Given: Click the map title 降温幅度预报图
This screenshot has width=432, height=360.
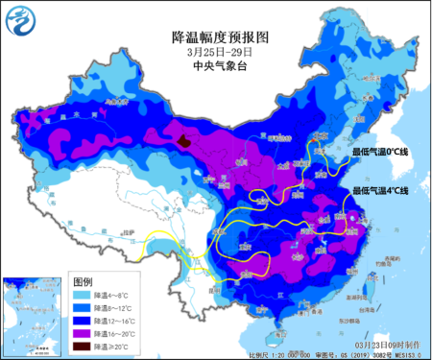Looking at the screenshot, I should coord(221,36).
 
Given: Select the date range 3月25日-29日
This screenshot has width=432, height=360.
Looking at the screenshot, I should coord(221,52).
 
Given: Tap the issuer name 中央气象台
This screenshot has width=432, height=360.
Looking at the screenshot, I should coord(221,66).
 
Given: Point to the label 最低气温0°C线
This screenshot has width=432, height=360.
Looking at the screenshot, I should coord(383,152).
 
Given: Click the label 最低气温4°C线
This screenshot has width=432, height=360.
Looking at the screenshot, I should coord(383,190).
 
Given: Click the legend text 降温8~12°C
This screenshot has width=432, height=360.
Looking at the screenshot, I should coord(123,310).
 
